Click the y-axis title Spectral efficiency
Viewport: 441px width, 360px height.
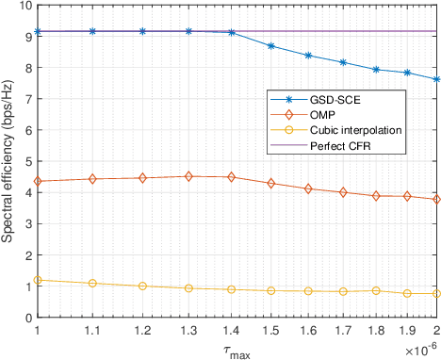click(x=8, y=163)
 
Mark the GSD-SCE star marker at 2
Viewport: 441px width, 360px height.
click(x=436, y=79)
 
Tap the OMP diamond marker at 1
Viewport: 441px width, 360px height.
click(x=37, y=181)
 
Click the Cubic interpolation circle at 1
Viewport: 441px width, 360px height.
click(x=37, y=280)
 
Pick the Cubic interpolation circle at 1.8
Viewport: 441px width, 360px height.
click(x=356, y=290)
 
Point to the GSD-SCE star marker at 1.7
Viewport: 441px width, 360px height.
click(x=317, y=62)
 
